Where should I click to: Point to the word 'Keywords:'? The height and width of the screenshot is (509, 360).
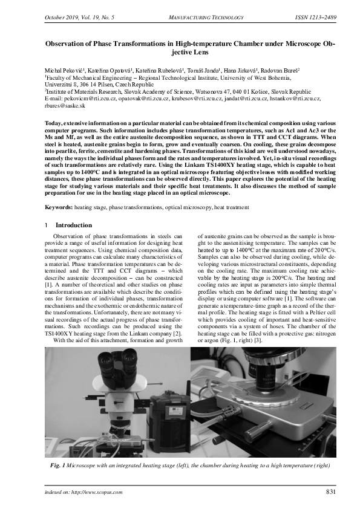58,207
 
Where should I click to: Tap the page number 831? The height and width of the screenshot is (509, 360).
331,492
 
